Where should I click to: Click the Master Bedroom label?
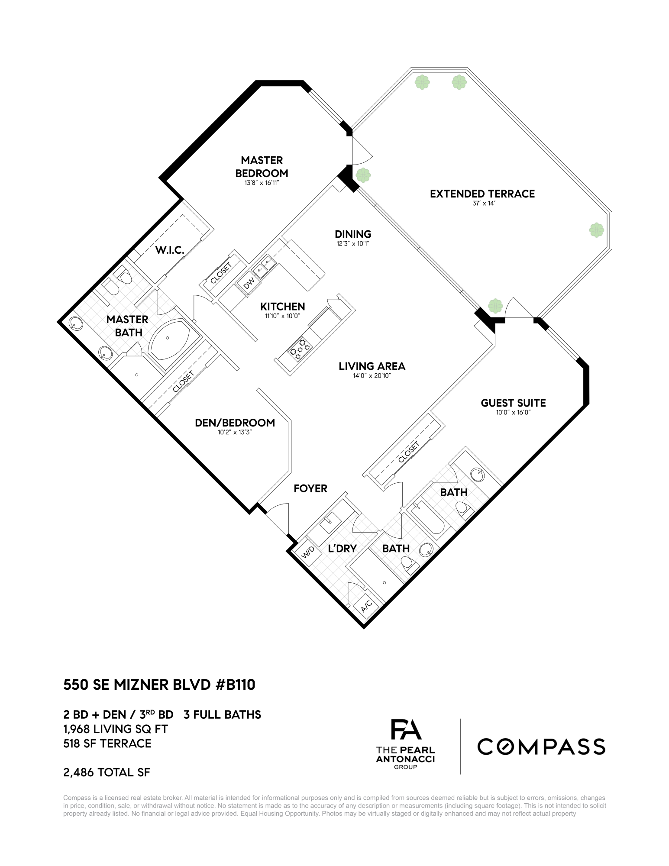tap(262, 167)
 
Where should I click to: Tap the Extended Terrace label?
tap(482, 194)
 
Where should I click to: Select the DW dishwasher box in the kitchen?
tap(249, 284)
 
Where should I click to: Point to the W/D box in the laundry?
tap(307, 552)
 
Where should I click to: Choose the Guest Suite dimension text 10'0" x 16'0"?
tap(513, 413)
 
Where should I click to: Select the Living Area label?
tap(372, 366)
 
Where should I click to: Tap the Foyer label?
tap(310, 488)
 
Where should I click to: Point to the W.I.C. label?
tap(170, 250)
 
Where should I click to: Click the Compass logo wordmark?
tap(541, 746)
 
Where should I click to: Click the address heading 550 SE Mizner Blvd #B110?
tap(159, 685)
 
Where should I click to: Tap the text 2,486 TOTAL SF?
tap(107, 772)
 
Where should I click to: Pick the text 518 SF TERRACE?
tap(107, 743)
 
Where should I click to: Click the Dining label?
tap(353, 234)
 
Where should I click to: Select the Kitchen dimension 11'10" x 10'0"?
tap(283, 316)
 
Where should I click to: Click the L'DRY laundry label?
tap(342, 549)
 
